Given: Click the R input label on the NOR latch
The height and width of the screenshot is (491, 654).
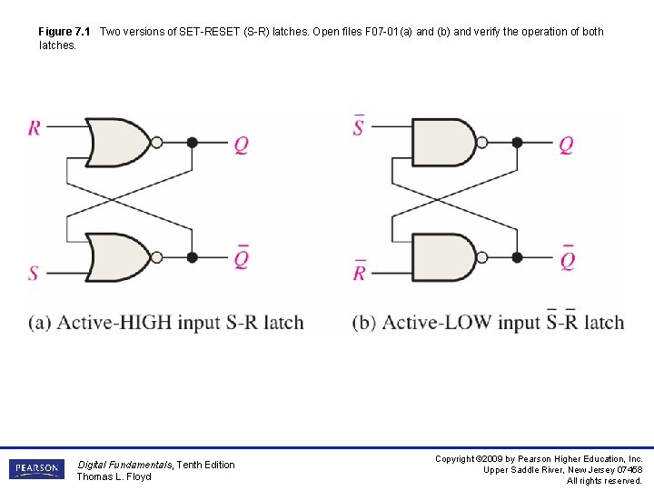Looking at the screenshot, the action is coord(34,127).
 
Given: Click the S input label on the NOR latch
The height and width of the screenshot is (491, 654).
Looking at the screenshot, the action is coord(34,272).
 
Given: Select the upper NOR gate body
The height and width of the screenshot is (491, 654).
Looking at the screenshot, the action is coord(116,142).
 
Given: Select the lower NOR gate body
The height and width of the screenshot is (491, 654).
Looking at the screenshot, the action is coord(116,257).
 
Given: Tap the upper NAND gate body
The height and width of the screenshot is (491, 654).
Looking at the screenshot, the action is coord(442,142).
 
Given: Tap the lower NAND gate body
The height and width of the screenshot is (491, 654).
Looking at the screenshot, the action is coord(442,257).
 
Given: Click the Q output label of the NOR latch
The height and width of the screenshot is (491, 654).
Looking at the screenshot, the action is coord(241,145).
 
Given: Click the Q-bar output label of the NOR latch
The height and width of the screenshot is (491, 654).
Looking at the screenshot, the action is coord(241,258).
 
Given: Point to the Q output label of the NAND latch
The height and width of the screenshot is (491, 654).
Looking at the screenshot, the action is coord(566,145).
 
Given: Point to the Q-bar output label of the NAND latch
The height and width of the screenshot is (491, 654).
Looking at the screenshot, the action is coord(567,258).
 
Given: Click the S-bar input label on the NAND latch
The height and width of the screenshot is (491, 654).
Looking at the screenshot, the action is coord(358,125).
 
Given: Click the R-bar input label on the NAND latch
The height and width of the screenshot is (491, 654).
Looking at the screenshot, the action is coord(359,270).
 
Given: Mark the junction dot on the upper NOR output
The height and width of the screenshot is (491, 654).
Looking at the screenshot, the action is coord(192,142).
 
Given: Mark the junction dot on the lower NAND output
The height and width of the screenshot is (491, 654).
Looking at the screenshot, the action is coord(517,257).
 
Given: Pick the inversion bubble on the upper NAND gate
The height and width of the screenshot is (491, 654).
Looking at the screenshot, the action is coord(482,142).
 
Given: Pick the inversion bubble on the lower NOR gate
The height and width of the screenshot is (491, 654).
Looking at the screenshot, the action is coord(156,257).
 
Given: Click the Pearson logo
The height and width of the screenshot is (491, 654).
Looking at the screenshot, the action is coord(36,469).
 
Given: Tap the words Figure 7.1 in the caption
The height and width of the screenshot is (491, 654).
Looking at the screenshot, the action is coord(65,32).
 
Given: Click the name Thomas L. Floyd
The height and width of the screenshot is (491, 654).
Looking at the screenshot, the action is coord(114,476).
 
